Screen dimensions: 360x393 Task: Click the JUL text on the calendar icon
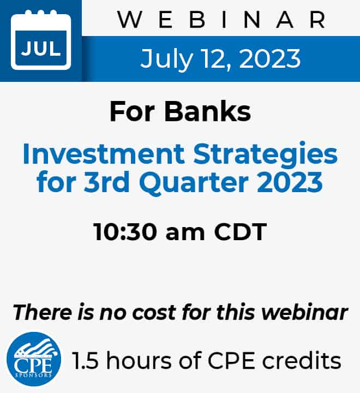click(x=41, y=49)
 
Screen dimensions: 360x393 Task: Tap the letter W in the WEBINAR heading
click(x=130, y=20)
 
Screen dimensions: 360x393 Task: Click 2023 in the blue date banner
click(x=270, y=58)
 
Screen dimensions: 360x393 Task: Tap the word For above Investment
click(x=132, y=111)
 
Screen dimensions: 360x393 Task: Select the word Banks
click(x=207, y=111)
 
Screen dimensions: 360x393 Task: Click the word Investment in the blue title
click(x=104, y=153)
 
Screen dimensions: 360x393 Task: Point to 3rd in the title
click(x=107, y=182)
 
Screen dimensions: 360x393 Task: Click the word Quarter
click(x=194, y=183)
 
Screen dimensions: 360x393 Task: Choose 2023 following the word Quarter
click(x=290, y=182)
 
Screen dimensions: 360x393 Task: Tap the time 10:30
click(x=125, y=232)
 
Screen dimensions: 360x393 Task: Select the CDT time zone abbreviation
click(x=240, y=232)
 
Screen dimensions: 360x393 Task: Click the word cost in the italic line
click(x=154, y=313)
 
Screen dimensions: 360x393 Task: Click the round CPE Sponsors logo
click(x=34, y=359)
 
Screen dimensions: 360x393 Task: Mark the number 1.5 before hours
click(x=85, y=361)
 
